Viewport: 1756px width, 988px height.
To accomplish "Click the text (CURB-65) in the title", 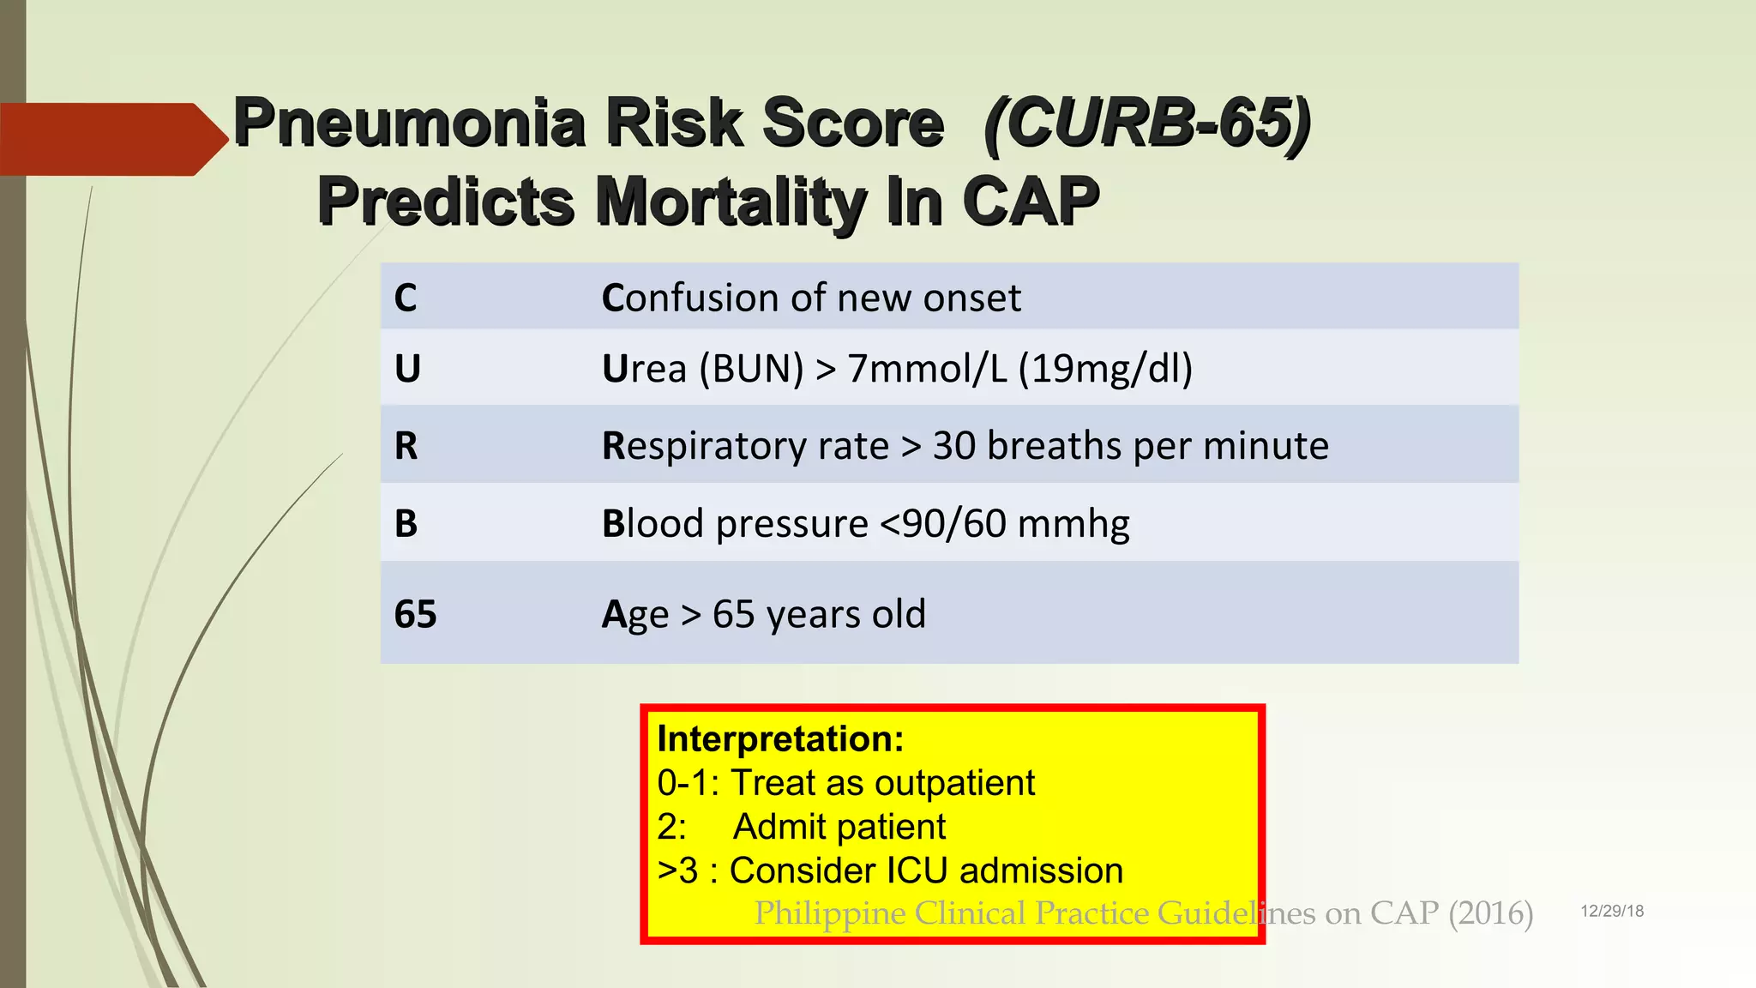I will point(1147,123).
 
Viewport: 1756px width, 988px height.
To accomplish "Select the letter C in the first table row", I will point(406,298).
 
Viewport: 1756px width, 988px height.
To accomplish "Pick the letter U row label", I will point(407,370).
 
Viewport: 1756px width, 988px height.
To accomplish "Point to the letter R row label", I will point(406,446).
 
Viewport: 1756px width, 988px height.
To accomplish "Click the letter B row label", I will point(406,524).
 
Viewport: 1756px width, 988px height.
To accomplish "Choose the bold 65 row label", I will point(416,615).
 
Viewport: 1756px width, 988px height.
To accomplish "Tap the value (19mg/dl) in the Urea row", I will point(1105,370).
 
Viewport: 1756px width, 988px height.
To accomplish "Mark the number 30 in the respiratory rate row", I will point(953,446).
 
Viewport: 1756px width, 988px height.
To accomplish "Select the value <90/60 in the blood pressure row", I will point(943,524).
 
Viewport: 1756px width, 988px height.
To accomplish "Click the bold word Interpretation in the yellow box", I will point(779,739).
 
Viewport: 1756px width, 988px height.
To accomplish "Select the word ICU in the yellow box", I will point(917,871).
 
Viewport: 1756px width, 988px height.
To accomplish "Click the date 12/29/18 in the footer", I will point(1612,912).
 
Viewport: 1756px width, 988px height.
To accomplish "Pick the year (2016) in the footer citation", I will point(1490,913).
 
